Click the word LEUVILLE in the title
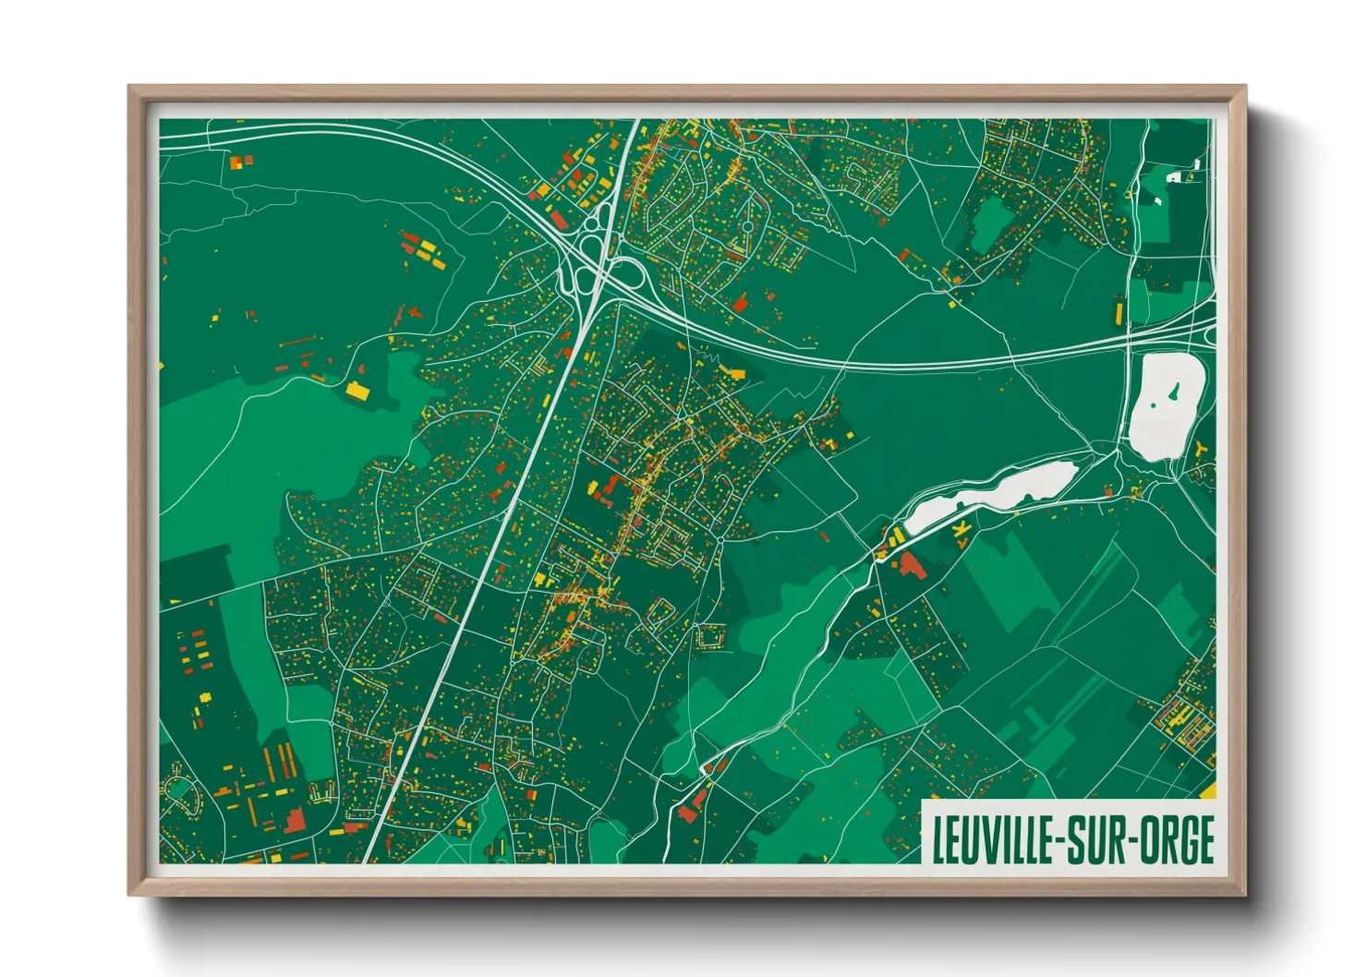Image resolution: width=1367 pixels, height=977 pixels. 995,840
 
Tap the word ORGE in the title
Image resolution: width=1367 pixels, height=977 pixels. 1177,840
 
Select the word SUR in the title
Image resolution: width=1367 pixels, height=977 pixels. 1099,840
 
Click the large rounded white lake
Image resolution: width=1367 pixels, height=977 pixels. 1166,405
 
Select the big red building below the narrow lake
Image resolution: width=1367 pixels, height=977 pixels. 912,565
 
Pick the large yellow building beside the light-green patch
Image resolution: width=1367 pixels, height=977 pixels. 357,391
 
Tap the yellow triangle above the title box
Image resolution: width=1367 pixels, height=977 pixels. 1209,790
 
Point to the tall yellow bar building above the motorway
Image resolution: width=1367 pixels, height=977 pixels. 1120,310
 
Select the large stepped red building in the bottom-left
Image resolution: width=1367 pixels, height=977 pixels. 293,819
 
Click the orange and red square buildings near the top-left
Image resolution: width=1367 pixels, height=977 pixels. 240,162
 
